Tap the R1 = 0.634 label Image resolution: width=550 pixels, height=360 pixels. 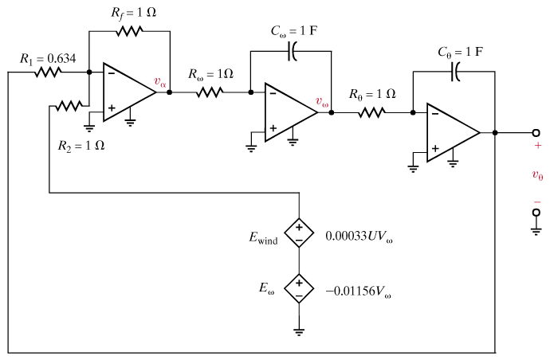49,58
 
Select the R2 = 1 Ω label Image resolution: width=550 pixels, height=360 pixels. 81,146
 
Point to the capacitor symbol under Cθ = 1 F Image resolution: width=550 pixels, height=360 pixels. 454,72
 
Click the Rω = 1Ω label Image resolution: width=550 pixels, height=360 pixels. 211,74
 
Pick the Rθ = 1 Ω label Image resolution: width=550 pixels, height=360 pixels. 372,93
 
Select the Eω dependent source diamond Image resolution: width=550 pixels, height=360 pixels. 300,287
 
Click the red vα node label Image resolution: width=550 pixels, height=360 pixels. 160,82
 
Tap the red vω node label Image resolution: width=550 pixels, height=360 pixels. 322,102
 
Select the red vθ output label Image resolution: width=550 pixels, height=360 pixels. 537,174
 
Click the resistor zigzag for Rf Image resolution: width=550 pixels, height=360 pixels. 128,32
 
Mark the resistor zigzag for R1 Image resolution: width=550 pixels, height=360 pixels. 48,72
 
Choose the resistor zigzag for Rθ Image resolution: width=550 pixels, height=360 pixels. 371,112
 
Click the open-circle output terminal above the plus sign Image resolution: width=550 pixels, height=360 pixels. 536,132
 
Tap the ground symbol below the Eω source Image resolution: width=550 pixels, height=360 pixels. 300,330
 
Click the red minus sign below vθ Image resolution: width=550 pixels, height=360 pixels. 537,202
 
